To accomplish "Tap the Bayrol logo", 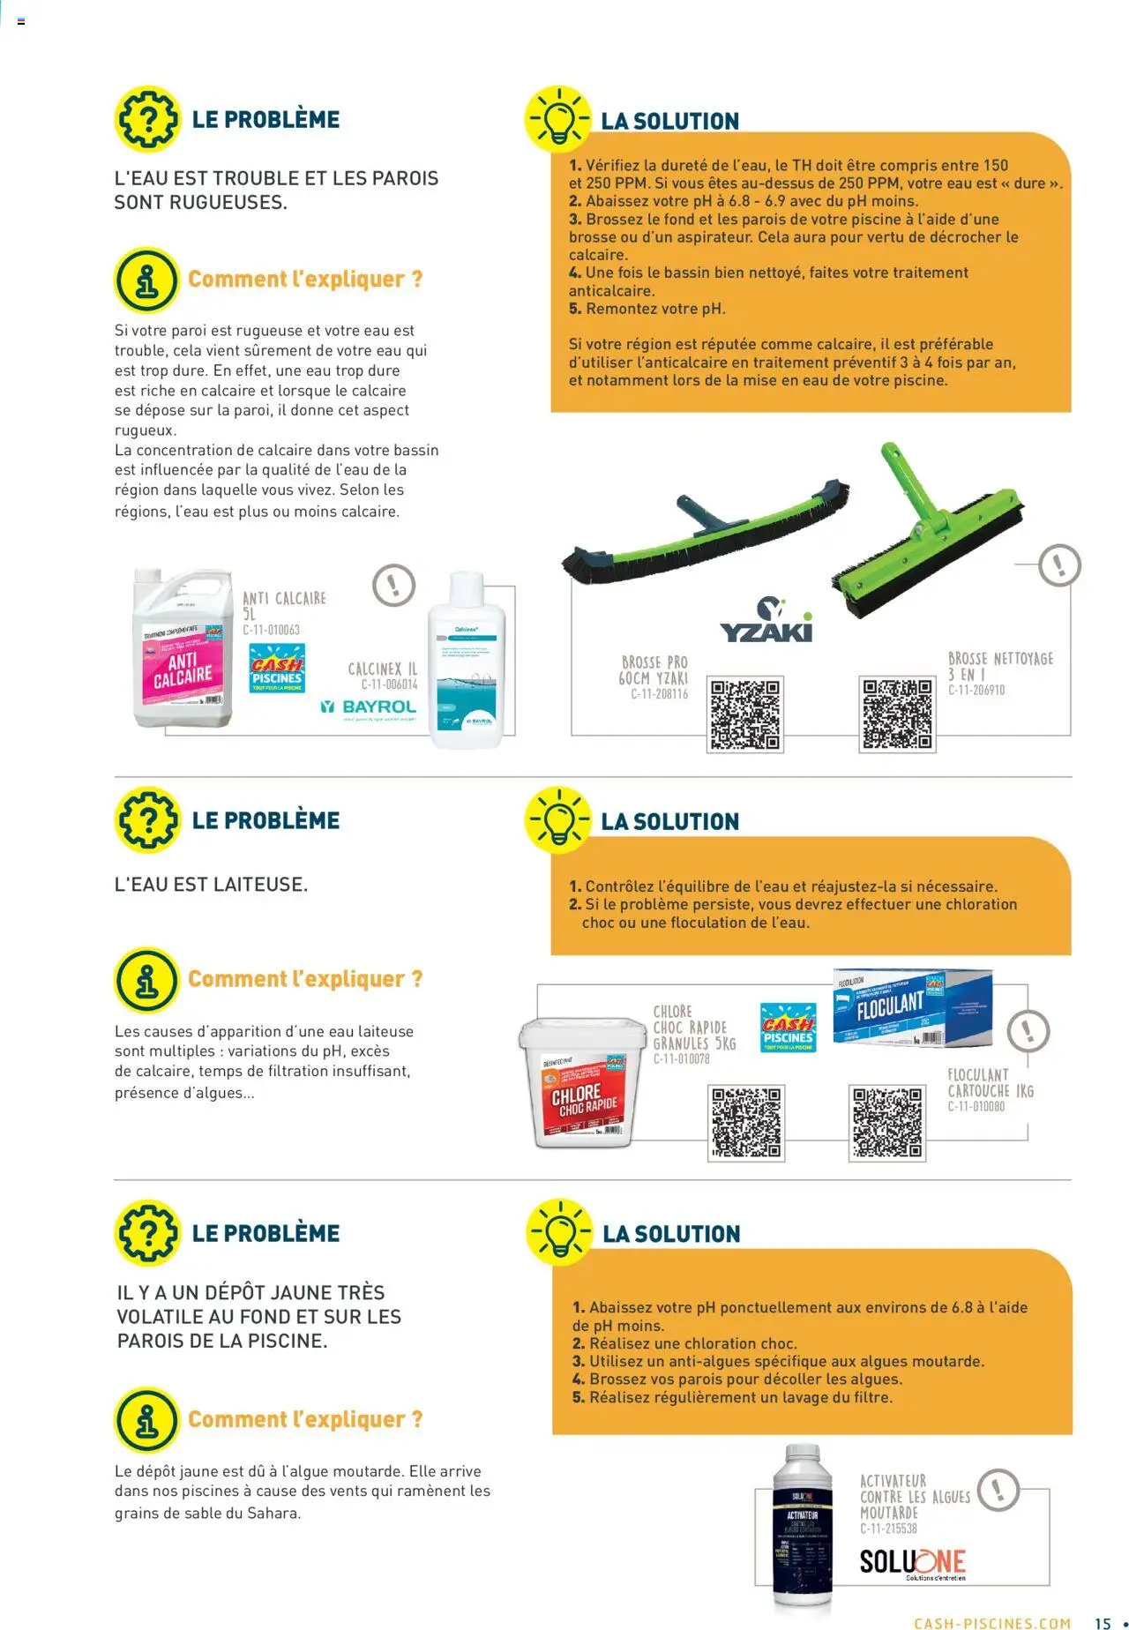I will tap(368, 707).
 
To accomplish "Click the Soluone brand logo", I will tap(912, 1562).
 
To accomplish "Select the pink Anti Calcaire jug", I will tap(183, 649).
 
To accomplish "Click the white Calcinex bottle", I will tap(466, 661).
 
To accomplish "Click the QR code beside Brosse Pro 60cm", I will tap(745, 714).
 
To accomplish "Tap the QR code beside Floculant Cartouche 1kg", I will tap(887, 1123).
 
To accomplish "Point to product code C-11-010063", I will tap(272, 630).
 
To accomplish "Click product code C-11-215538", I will tap(888, 1529).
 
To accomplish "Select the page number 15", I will tap(1103, 1622).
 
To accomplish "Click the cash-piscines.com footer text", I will tap(992, 1622).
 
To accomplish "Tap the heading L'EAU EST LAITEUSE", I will tap(211, 884).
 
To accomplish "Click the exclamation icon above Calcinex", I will tap(393, 585).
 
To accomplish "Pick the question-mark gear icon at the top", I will tap(147, 119).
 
